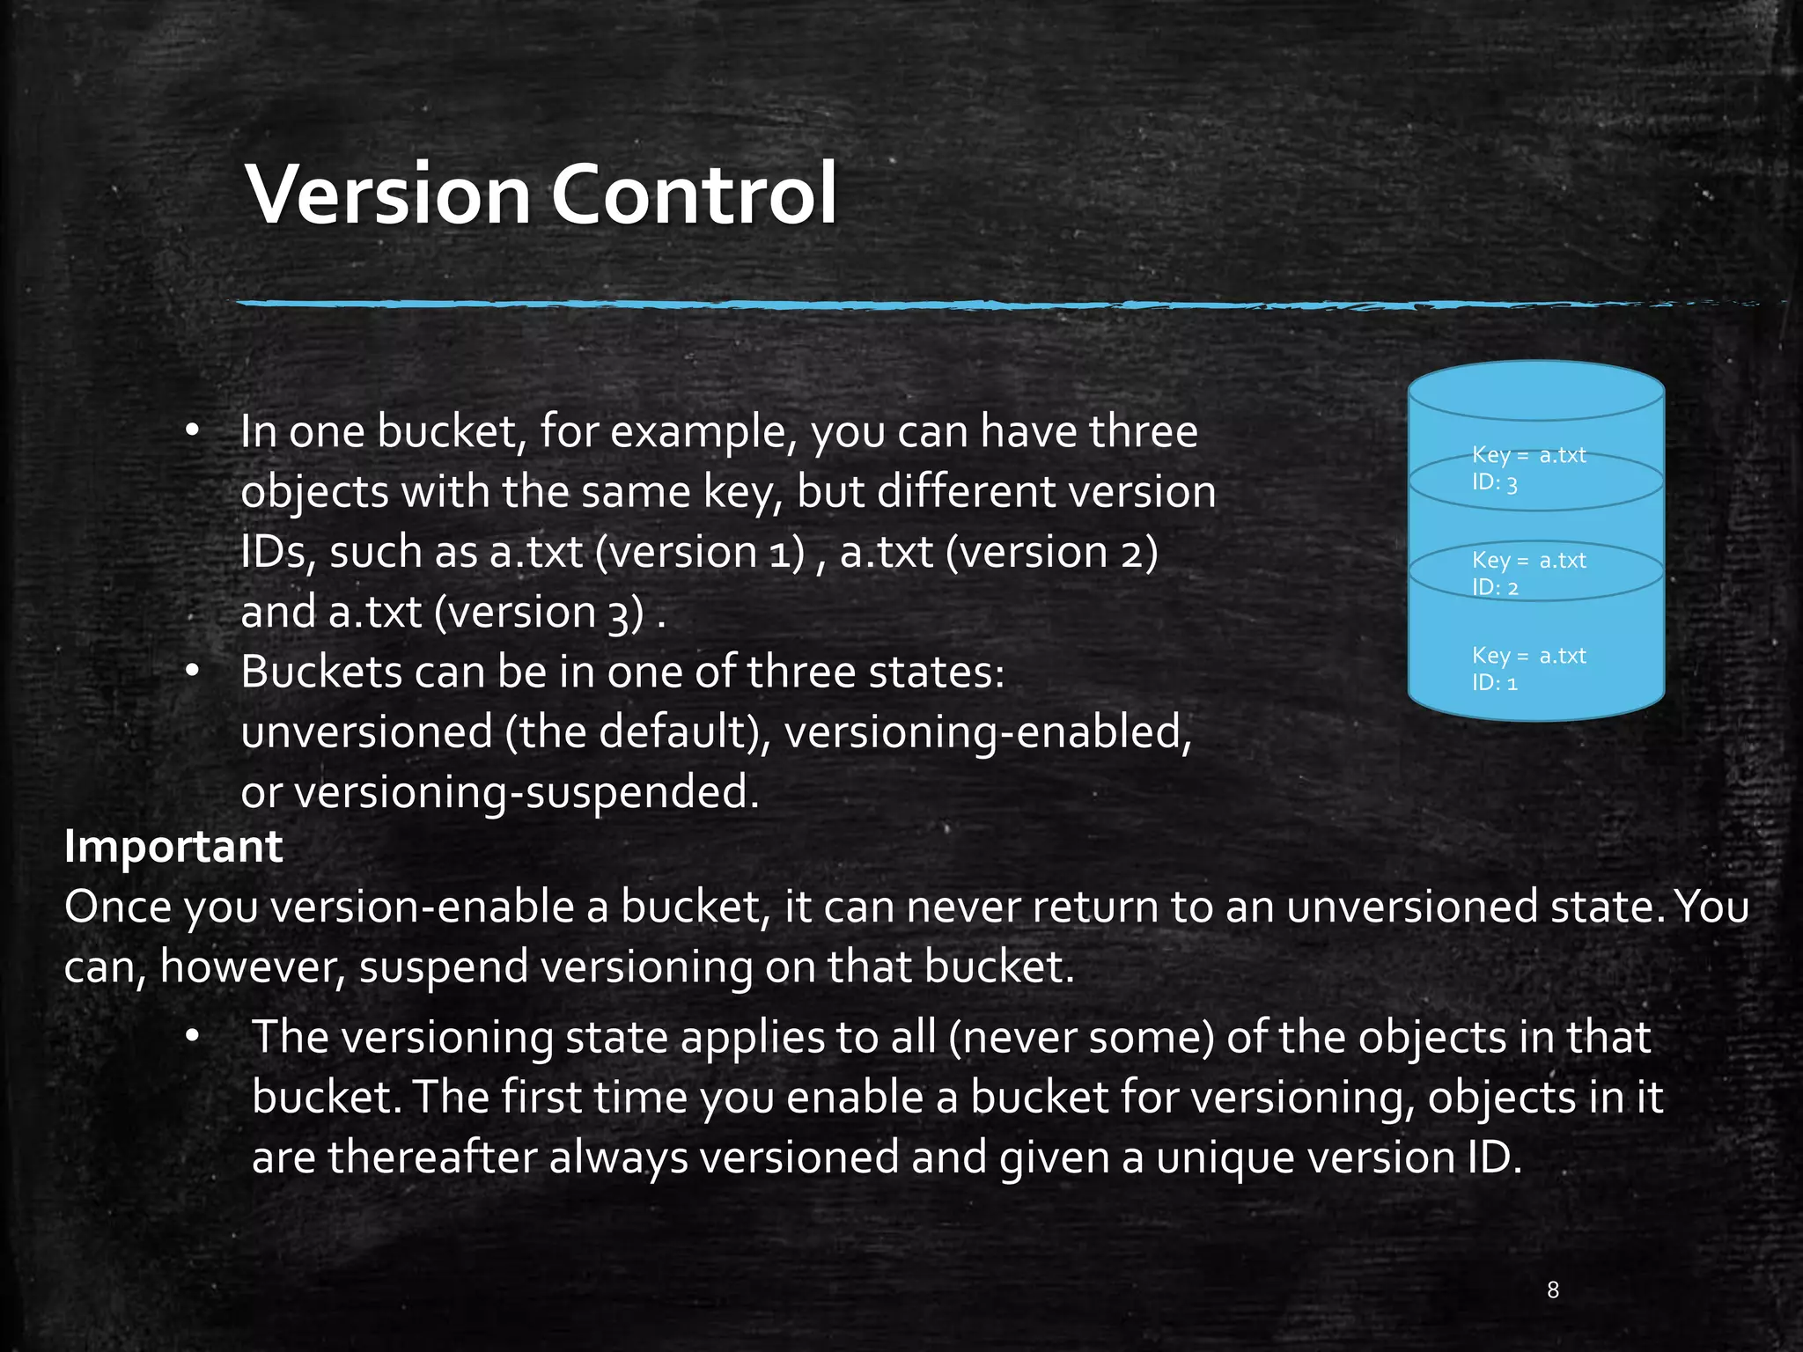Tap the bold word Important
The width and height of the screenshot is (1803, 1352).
click(173, 847)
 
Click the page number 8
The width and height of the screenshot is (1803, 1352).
click(1553, 1290)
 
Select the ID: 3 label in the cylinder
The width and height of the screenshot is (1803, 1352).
click(1495, 483)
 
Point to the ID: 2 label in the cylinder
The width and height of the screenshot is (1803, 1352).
click(1495, 588)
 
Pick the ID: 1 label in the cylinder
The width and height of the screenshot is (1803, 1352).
click(1495, 683)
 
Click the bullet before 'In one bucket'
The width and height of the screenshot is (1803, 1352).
click(193, 431)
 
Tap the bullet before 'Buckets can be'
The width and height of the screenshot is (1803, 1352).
click(193, 672)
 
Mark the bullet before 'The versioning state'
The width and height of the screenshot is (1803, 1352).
click(193, 1037)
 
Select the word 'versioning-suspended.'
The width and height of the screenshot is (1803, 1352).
click(526, 792)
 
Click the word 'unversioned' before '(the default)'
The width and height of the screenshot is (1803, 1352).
click(366, 732)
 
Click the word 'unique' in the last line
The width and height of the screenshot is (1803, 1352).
click(1225, 1157)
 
